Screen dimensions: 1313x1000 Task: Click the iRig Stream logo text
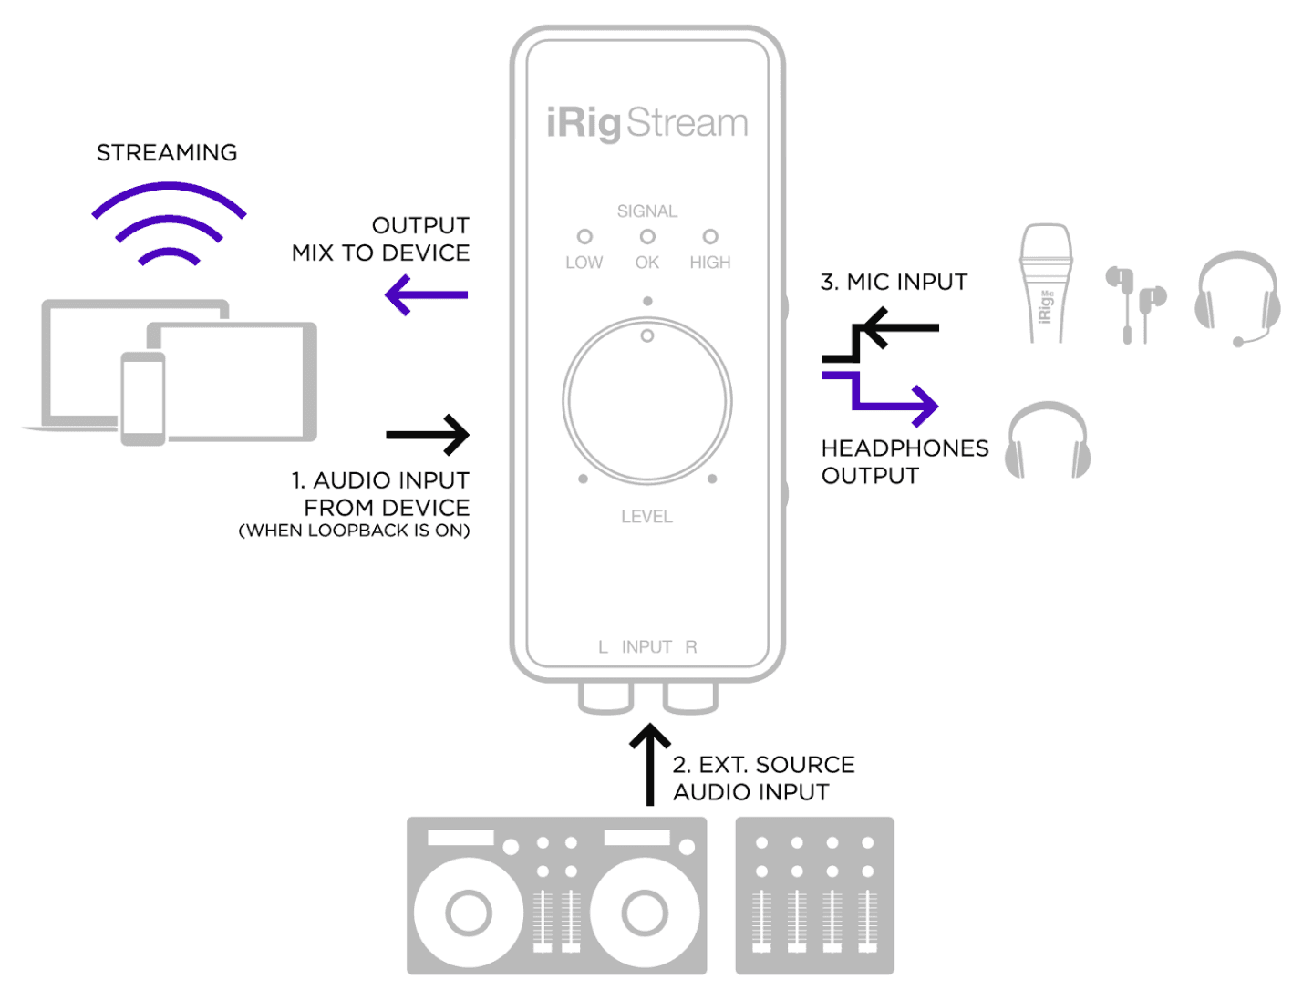click(x=646, y=123)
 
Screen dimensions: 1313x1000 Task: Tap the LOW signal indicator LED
click(x=584, y=236)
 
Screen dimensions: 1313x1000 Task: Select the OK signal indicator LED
click(x=647, y=236)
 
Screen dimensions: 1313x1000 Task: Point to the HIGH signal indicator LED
click(x=710, y=236)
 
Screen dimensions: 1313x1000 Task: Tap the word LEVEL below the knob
click(x=646, y=516)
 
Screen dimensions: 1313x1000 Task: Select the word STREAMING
click(x=167, y=152)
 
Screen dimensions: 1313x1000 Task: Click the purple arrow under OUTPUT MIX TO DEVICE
click(x=426, y=294)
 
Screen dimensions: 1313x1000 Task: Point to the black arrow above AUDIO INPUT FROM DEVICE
click(x=428, y=435)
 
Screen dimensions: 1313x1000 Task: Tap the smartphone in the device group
click(x=143, y=399)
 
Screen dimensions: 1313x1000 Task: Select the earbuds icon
click(x=1135, y=305)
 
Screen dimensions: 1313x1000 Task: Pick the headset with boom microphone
click(x=1237, y=298)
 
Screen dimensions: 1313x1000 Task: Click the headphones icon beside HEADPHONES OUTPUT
click(x=1048, y=440)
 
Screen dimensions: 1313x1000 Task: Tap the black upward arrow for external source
click(x=649, y=764)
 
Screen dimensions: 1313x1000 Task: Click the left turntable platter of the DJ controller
click(x=469, y=912)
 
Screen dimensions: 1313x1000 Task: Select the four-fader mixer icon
click(x=815, y=895)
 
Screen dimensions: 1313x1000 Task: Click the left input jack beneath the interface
click(x=605, y=698)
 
